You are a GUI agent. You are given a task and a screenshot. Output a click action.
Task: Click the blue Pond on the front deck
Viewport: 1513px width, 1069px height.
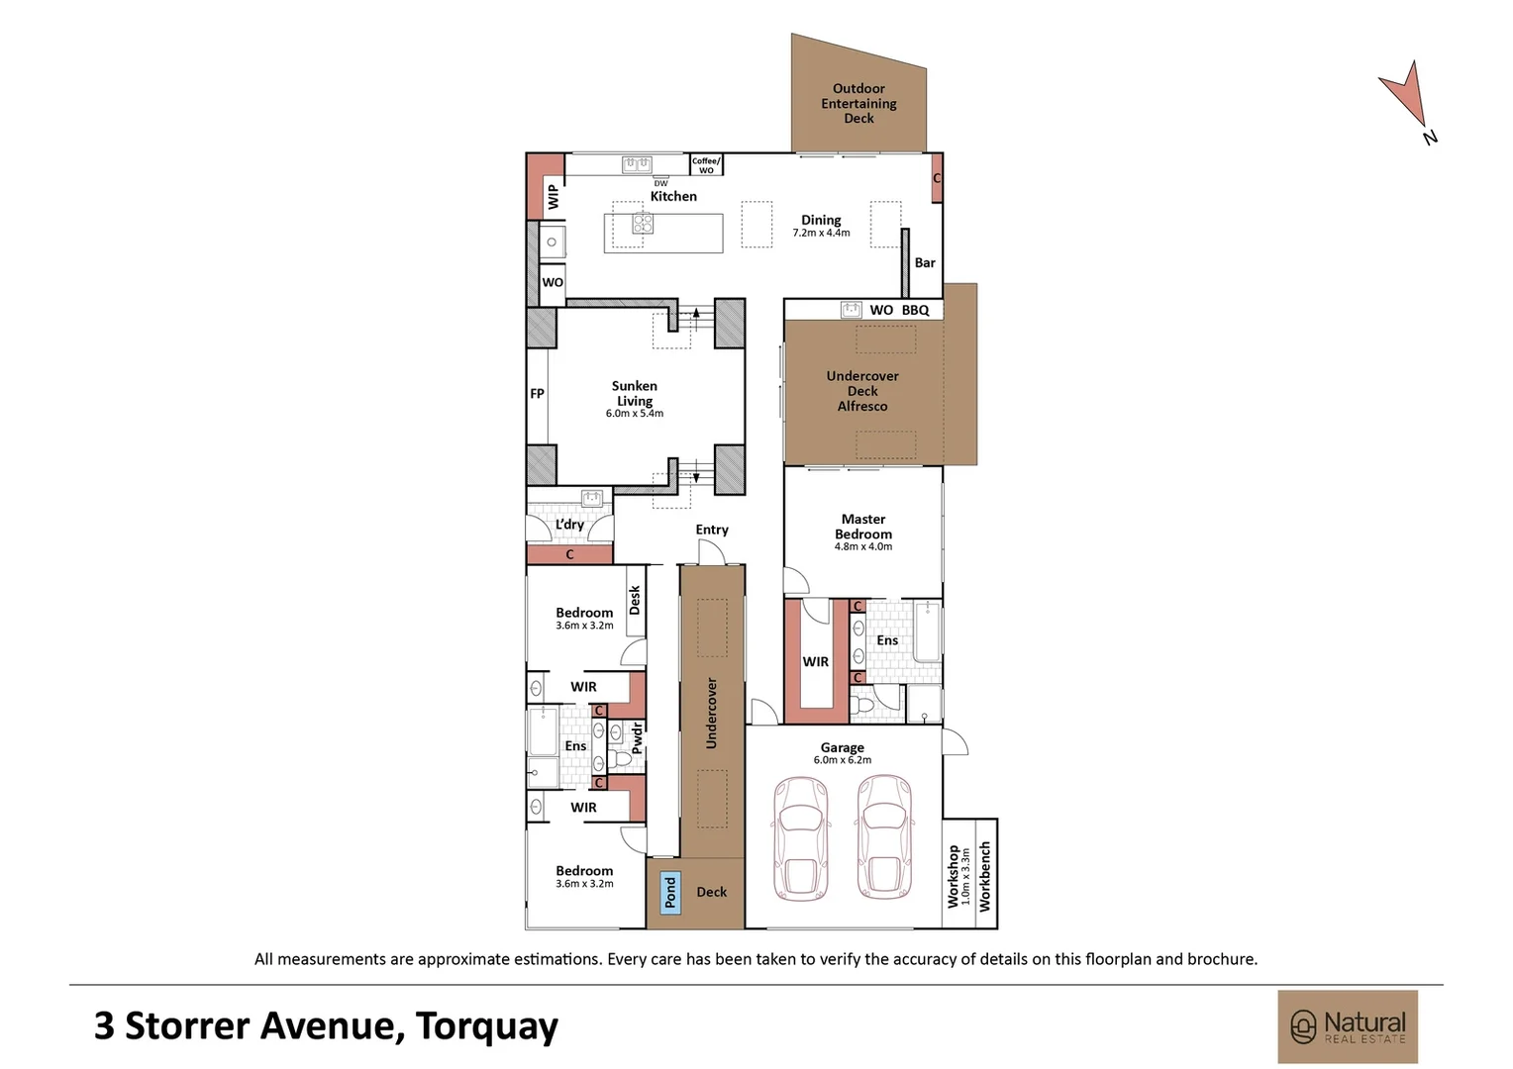(670, 893)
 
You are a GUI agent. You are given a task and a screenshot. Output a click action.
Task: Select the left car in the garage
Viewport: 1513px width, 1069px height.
(800, 837)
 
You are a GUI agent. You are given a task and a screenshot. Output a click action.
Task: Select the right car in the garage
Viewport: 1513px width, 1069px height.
(884, 837)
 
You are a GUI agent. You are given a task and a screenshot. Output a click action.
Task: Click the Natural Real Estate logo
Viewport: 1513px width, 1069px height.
(1347, 1026)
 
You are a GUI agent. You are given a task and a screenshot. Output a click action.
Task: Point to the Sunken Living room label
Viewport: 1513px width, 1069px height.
(635, 394)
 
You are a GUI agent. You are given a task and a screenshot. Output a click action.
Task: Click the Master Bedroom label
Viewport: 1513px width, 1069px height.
(862, 527)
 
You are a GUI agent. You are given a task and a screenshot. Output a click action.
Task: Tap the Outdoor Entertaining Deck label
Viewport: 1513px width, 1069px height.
(858, 103)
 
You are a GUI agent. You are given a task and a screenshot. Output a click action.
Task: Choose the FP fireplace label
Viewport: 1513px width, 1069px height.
(537, 393)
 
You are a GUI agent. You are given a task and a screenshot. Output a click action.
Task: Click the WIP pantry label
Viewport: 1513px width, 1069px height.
(554, 196)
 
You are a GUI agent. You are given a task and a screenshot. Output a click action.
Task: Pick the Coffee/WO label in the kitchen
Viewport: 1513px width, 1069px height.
(706, 165)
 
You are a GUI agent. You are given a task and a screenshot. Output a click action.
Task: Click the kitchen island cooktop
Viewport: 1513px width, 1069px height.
(643, 223)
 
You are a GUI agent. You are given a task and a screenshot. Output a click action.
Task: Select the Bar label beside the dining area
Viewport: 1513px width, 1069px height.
(925, 262)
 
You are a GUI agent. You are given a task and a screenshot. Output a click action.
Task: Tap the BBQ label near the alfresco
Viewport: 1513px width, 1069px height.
(915, 310)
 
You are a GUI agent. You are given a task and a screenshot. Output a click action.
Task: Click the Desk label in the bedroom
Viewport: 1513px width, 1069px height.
(635, 600)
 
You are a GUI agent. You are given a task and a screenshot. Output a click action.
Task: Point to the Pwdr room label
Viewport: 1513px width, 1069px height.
(637, 737)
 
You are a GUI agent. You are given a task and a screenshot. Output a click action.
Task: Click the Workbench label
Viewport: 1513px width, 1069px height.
(984, 876)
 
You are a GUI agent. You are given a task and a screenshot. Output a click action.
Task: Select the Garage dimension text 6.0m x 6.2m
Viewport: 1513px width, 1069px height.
(842, 760)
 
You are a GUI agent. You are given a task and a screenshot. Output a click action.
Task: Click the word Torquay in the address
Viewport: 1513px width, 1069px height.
(486, 1025)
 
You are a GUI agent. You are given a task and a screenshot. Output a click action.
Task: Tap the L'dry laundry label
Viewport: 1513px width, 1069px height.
(569, 525)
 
